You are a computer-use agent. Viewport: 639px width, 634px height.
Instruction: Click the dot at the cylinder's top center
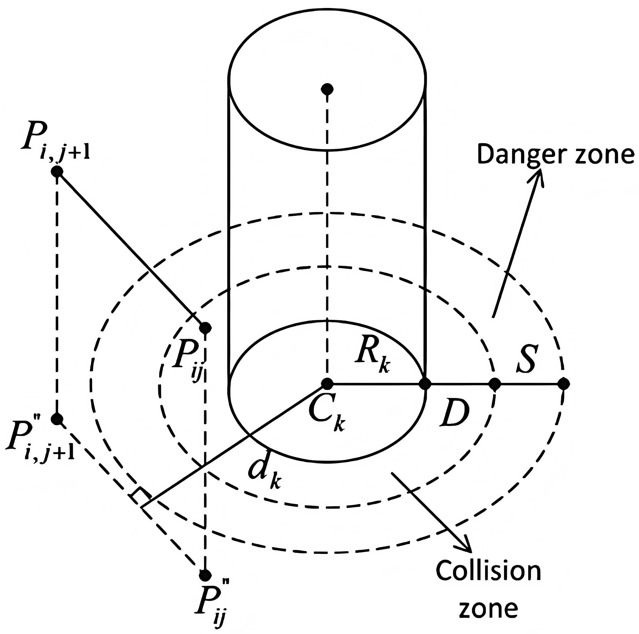click(327, 89)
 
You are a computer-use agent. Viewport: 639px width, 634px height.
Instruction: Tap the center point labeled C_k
click(327, 384)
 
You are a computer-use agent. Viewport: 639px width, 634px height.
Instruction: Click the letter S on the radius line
click(526, 359)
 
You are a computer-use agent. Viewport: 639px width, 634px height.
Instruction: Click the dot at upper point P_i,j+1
click(57, 171)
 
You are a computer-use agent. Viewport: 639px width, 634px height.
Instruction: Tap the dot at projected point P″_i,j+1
click(57, 419)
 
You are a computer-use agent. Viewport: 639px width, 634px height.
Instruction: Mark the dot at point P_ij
click(205, 327)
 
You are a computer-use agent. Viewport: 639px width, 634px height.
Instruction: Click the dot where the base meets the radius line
click(425, 384)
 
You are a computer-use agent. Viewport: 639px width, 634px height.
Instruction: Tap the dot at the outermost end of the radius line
click(563, 384)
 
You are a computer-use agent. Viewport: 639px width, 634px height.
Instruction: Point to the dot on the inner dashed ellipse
click(495, 384)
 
